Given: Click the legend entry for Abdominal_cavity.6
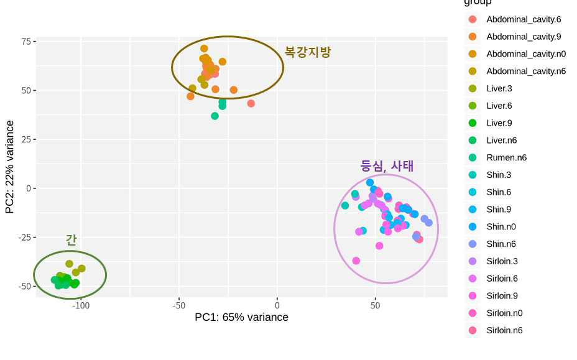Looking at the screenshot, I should pos(523,19).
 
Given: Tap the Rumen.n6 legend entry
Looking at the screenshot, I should pos(506,157).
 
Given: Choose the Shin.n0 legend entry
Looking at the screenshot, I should pos(501,226).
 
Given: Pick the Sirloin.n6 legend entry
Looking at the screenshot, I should pos(504,330).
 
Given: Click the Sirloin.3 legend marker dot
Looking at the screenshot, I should pos(473,261).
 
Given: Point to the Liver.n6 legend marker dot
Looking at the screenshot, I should pos(473,141).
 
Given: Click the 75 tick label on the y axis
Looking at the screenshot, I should pos(26,42).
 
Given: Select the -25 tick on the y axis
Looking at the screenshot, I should pos(24,238).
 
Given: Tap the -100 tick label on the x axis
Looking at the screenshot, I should pos(81,305).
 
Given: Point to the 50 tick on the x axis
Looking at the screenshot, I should pos(375,305).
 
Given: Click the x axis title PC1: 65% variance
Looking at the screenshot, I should pos(241,318).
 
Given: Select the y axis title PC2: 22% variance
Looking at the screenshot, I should pos(10,167).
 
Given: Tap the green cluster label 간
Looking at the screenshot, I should pos(71,240).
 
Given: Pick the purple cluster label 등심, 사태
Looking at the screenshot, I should pos(387,166).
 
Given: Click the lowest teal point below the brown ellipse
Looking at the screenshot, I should pos(215,116).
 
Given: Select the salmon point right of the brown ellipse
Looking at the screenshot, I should pos(251,103).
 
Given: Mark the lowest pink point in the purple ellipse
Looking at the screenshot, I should pos(356,261).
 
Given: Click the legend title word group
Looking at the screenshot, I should pos(478,3).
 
